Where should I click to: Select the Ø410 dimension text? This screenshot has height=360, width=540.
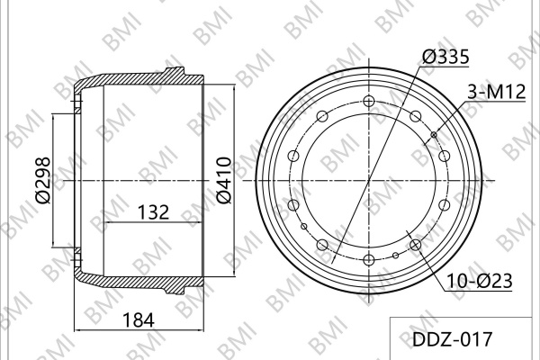tap(224, 180)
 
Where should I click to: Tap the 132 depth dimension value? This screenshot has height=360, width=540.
tap(153, 212)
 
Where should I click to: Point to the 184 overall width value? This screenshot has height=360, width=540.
tap(139, 320)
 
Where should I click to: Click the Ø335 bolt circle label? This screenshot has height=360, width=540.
tap(445, 57)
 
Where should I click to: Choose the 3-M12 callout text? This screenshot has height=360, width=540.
tap(496, 93)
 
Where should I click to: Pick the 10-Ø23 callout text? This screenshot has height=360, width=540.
tap(480, 281)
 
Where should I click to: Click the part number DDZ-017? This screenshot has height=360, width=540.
tap(452, 339)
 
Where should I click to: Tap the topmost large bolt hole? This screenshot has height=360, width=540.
tap(369, 102)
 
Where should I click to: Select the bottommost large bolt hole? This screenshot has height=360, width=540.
tap(369, 259)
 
